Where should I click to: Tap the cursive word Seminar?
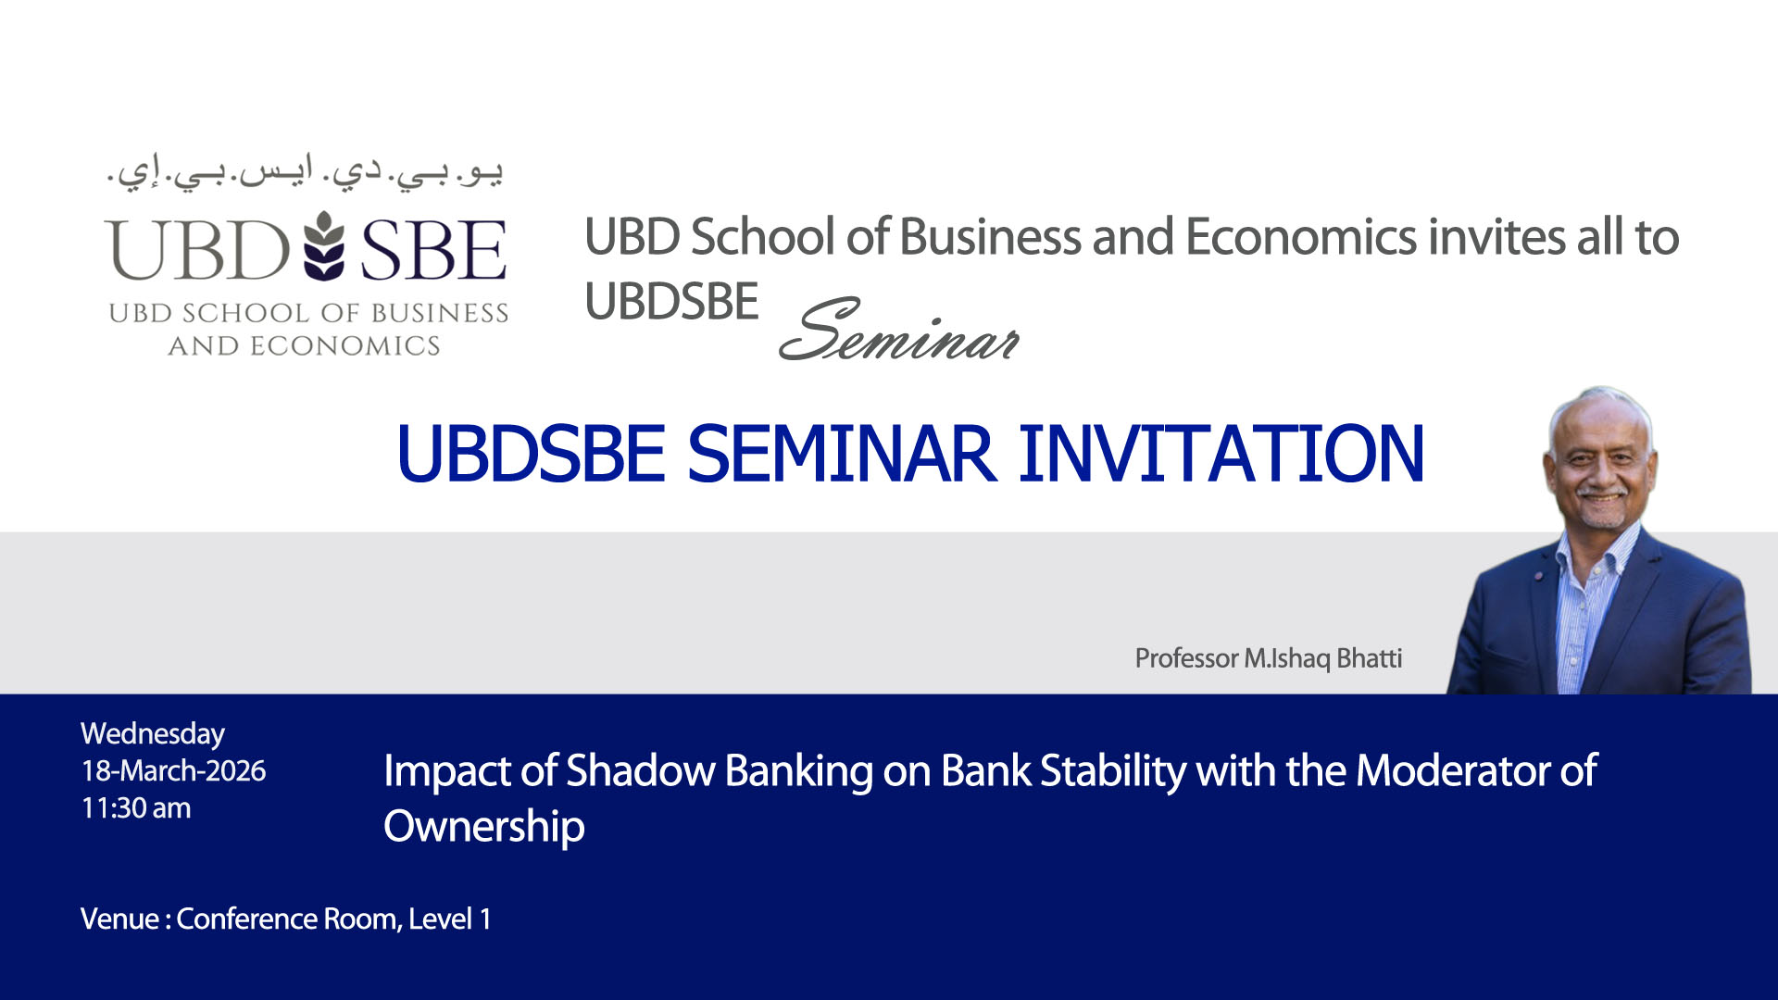click(x=899, y=331)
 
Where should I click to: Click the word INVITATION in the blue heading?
click(x=1221, y=454)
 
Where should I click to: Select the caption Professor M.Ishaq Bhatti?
click(x=1268, y=658)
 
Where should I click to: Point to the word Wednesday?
click(x=153, y=734)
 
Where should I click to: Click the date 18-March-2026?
click(x=173, y=770)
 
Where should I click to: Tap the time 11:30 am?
click(x=136, y=807)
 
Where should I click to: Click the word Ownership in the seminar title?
click(x=484, y=827)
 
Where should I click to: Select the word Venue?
click(x=119, y=919)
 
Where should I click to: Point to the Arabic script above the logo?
click(x=306, y=173)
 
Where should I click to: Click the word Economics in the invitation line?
click(x=1300, y=237)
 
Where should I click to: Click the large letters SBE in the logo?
click(x=433, y=250)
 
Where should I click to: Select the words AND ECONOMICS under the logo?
click(x=304, y=345)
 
